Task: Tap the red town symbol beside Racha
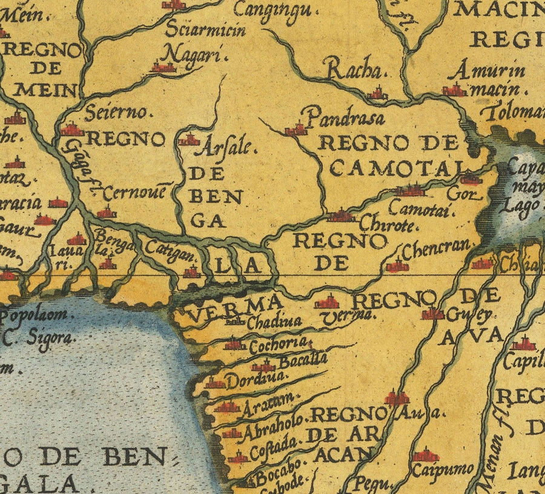(377, 94)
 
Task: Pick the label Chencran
(436, 248)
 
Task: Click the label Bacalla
(303, 361)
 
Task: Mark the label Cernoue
(134, 194)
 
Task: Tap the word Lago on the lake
(524, 206)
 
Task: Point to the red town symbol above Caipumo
(426, 455)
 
